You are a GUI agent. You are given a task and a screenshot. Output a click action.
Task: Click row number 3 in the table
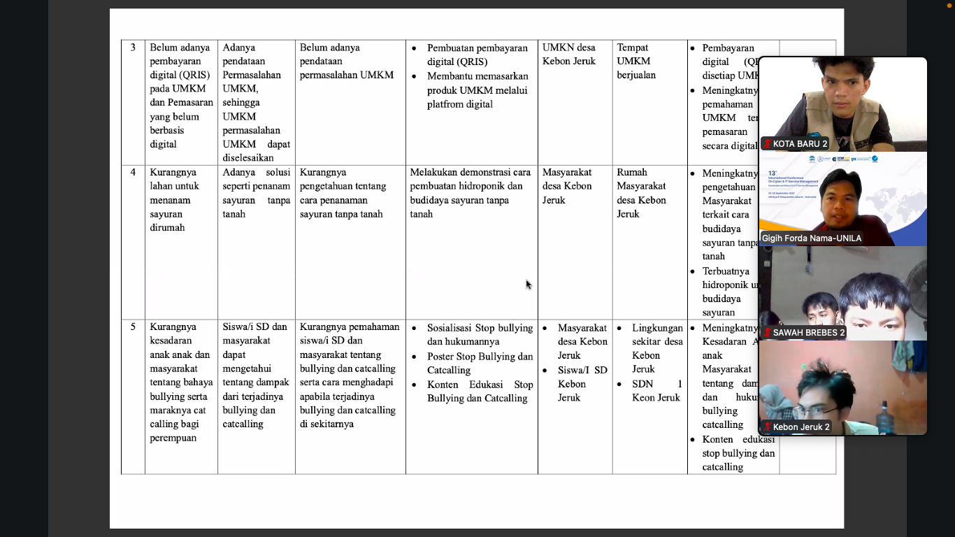(x=133, y=48)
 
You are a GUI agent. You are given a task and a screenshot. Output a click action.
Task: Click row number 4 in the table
(x=133, y=173)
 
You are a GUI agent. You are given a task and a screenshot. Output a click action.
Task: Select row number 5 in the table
(x=133, y=327)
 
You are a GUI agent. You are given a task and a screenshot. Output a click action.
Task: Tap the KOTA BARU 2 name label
(x=800, y=144)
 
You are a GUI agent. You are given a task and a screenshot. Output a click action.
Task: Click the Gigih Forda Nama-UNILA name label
(x=812, y=238)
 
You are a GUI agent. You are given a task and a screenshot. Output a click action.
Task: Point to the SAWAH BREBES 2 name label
(x=808, y=333)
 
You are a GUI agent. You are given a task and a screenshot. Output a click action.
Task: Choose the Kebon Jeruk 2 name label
(x=801, y=427)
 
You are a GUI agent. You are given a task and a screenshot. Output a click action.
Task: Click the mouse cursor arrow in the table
(x=528, y=283)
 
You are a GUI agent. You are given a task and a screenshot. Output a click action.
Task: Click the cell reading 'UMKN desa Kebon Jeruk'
(x=569, y=55)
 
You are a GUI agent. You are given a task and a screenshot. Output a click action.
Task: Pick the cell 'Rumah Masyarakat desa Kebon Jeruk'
(x=641, y=193)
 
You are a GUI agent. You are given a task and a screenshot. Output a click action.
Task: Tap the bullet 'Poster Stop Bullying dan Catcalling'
(x=480, y=364)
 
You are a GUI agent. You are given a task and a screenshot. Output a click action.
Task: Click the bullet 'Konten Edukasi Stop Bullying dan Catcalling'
(x=480, y=392)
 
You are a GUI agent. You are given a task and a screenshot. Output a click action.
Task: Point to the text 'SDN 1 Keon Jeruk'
(x=656, y=391)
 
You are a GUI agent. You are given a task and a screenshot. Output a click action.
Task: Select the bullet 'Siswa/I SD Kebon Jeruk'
(x=582, y=384)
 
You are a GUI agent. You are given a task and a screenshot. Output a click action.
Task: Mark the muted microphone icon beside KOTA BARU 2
(x=767, y=144)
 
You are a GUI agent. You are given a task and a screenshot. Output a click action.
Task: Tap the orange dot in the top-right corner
(x=949, y=5)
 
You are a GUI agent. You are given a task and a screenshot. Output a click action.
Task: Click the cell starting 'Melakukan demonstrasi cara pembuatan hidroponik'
(x=471, y=193)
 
